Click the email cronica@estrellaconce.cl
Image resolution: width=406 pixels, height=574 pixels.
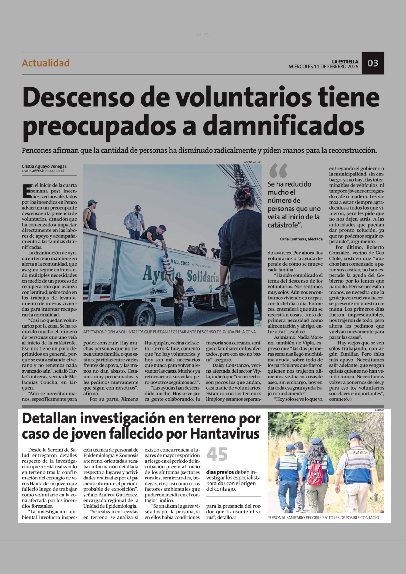(x=43, y=171)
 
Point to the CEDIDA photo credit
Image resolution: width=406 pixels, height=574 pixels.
(x=379, y=410)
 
